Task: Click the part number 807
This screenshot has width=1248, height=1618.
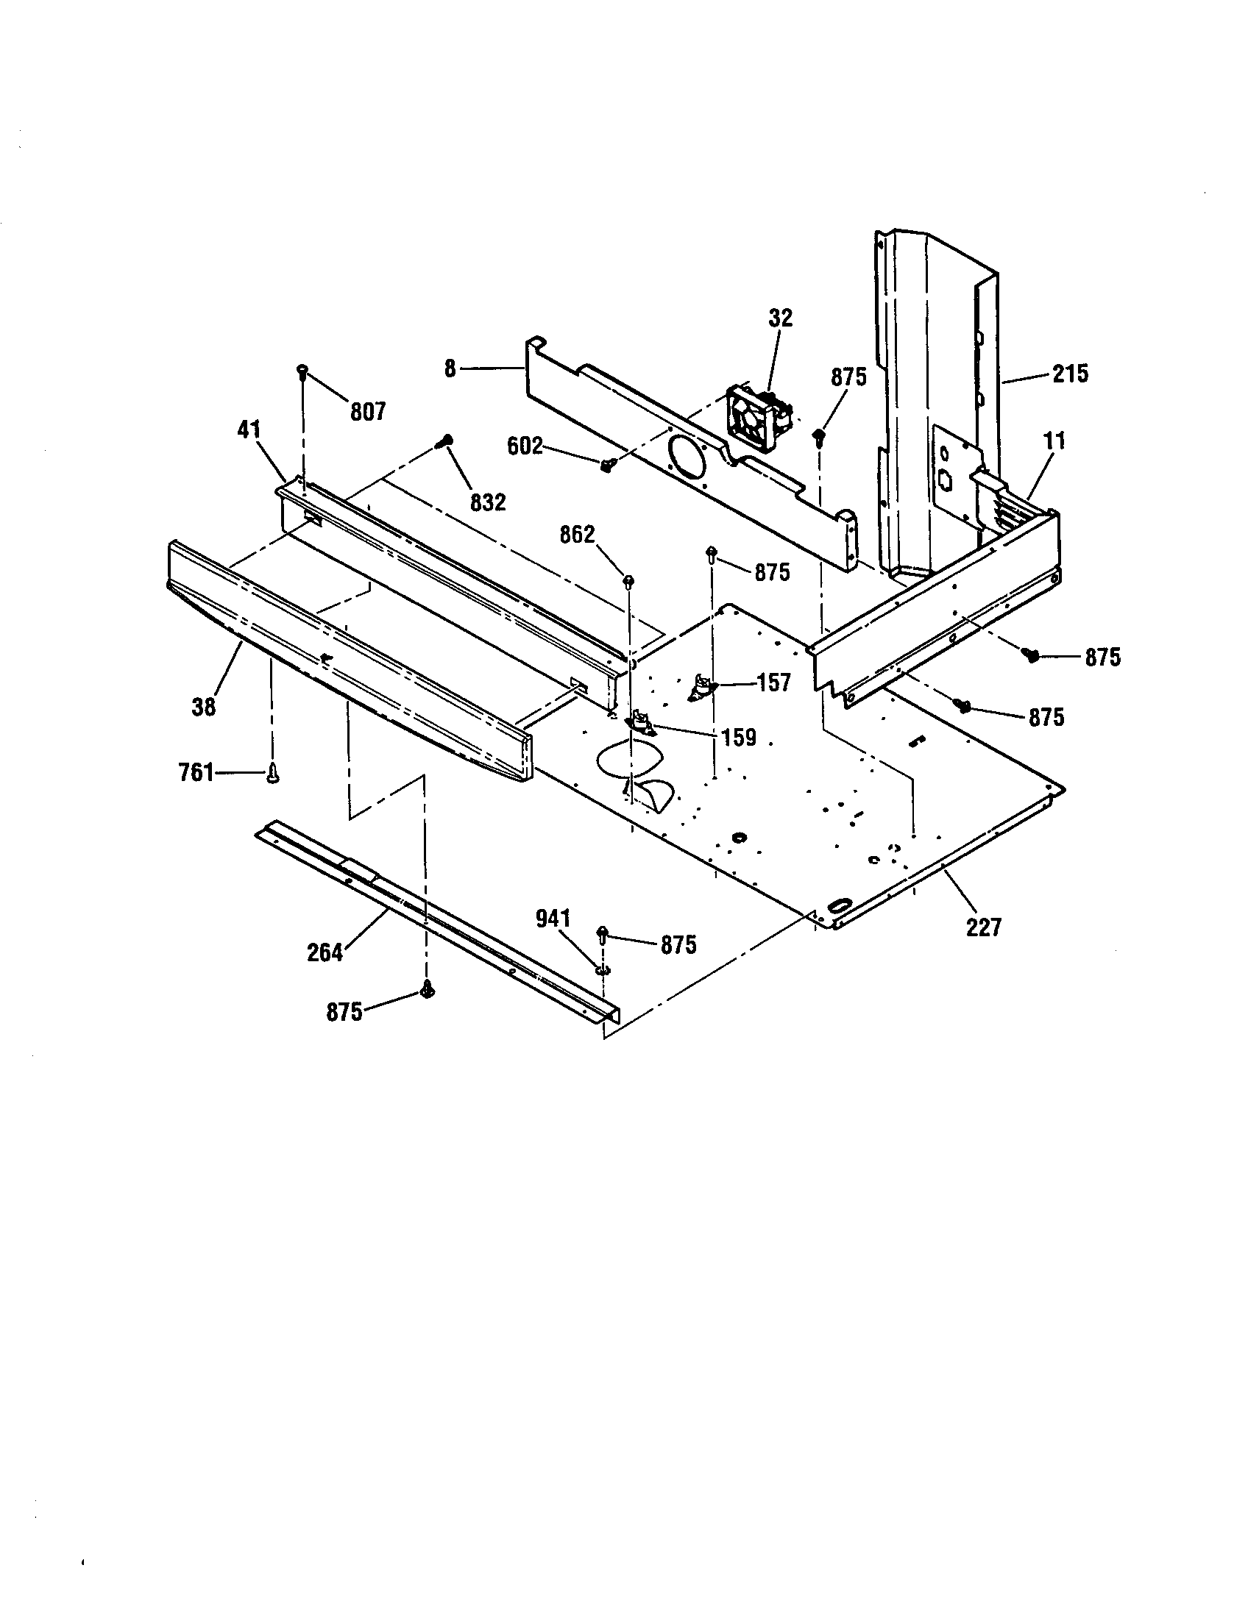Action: pos(369,411)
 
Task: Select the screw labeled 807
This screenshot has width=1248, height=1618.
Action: pos(302,371)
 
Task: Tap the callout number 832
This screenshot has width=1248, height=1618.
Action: pos(488,502)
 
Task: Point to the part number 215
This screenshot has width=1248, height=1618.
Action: pos(1070,374)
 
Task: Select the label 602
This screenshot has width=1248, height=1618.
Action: pos(525,446)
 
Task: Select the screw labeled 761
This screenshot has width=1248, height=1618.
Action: pos(273,774)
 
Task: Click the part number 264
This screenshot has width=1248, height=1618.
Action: pos(325,952)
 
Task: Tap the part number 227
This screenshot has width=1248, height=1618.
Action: pos(983,927)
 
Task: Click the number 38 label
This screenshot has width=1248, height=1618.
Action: pos(203,707)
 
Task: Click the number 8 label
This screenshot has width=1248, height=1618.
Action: pos(450,368)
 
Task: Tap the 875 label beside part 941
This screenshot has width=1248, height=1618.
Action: pos(678,944)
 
